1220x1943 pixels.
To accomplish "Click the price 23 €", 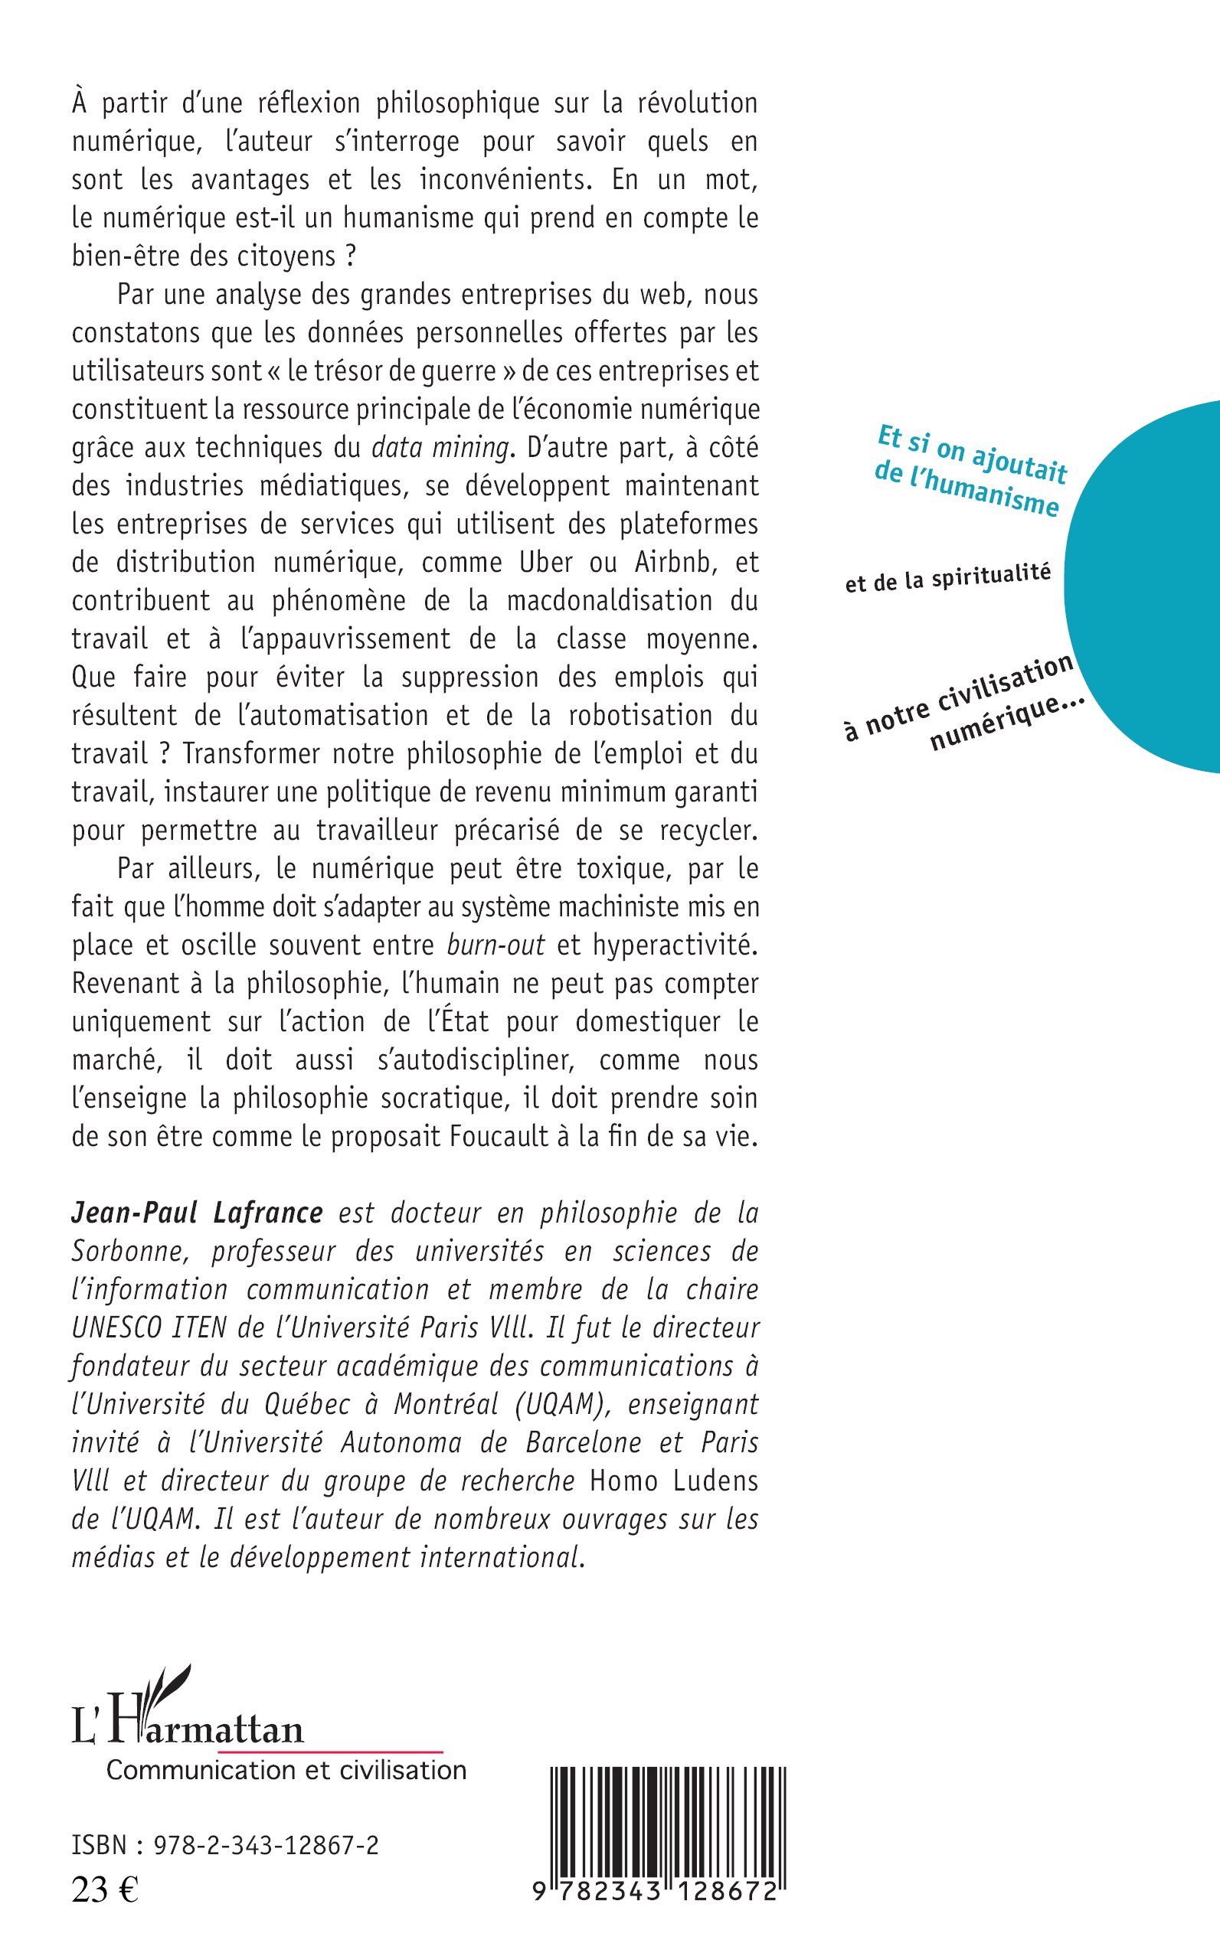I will pyautogui.click(x=105, y=1891).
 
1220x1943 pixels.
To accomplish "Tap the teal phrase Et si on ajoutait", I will pyautogui.click(x=971, y=454).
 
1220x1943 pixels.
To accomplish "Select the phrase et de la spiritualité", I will pyautogui.click(x=948, y=577).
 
